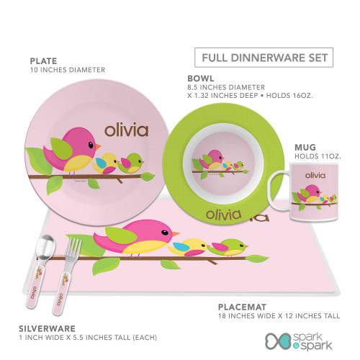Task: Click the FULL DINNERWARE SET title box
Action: (x=264, y=58)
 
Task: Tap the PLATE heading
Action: (x=43, y=61)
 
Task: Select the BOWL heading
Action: (x=201, y=78)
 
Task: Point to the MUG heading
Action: (x=305, y=147)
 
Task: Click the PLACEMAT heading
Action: (x=242, y=307)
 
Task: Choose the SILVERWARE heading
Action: (x=47, y=328)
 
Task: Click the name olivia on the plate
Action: (x=126, y=130)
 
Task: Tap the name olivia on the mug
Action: (x=315, y=175)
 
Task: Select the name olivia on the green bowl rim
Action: (x=224, y=215)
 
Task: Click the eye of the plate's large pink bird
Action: (x=91, y=145)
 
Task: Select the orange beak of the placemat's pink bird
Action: (x=176, y=233)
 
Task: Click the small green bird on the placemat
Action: (x=228, y=248)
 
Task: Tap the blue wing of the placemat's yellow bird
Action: (x=181, y=247)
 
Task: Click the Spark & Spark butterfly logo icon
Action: (x=278, y=341)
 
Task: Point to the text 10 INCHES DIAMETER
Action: (x=68, y=70)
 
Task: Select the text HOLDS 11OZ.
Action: (x=318, y=156)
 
